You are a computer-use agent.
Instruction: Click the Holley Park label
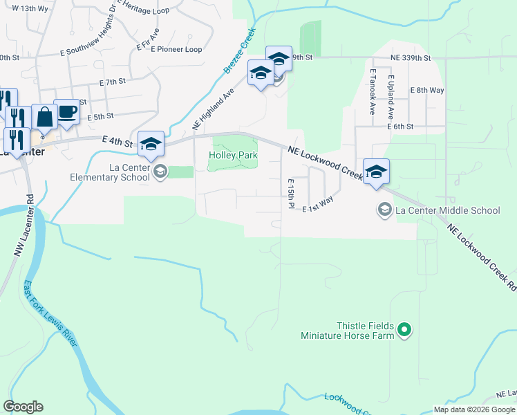pyautogui.click(x=233, y=156)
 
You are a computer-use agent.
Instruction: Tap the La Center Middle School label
pyautogui.click(x=446, y=210)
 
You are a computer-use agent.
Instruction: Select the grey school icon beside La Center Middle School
pyautogui.click(x=384, y=208)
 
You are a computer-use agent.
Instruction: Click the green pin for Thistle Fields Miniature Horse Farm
pyautogui.click(x=405, y=331)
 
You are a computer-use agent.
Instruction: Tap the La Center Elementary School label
pyautogui.click(x=110, y=172)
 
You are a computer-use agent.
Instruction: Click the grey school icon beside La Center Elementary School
pyautogui.click(x=160, y=172)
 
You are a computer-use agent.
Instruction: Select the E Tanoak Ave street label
pyautogui.click(x=372, y=91)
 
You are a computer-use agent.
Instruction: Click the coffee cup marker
pyautogui.click(x=66, y=113)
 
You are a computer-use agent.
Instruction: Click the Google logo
pyautogui.click(x=23, y=406)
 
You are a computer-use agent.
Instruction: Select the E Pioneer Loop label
pyautogui.click(x=170, y=49)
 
